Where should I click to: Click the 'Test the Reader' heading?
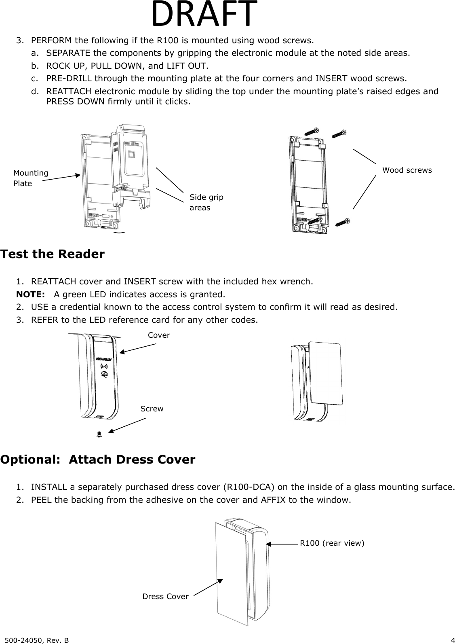coord(53,254)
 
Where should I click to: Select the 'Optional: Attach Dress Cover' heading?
coord(98,460)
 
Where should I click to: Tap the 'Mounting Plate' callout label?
coord(30,178)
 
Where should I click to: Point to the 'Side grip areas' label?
coord(206,202)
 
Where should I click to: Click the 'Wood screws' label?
coord(407,170)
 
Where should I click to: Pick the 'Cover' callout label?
coord(159,335)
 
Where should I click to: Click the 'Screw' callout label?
coord(152,409)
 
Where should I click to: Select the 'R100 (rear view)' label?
coord(332,543)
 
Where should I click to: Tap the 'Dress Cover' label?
coord(165,597)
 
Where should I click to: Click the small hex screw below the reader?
coord(99,434)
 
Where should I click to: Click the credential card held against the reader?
coord(325,372)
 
